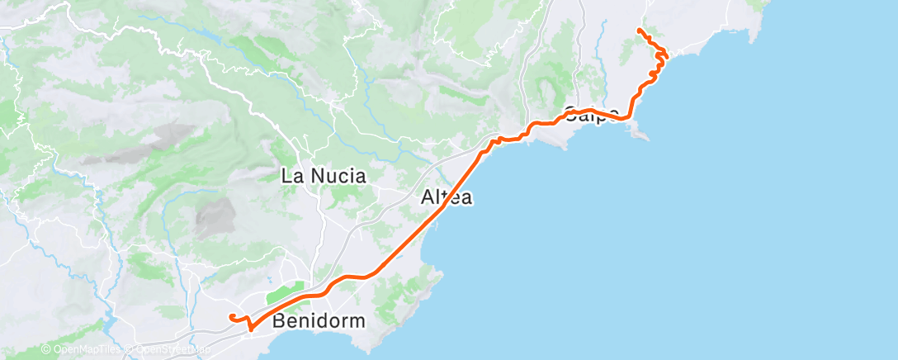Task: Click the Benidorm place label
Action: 319,320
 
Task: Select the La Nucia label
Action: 324,176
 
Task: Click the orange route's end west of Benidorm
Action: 232,317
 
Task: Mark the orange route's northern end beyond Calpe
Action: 640,31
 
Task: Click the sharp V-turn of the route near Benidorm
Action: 248,328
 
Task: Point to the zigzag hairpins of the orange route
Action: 661,62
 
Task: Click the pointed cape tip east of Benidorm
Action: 442,276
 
